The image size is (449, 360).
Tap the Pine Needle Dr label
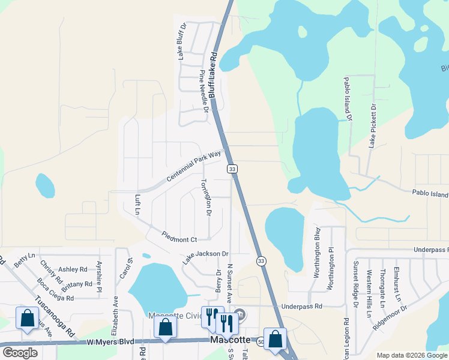tap(204, 91)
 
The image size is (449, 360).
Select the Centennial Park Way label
tap(194, 166)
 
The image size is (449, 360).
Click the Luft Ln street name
tap(137, 204)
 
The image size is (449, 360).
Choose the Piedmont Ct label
tap(179, 236)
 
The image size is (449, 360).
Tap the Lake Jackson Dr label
tap(206, 257)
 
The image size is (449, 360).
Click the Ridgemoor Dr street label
tap(390, 316)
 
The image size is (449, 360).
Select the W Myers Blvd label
tap(112, 342)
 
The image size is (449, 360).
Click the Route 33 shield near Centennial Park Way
tap(232, 169)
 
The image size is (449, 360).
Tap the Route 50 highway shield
tap(261, 342)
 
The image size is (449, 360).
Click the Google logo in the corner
tap(20, 352)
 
